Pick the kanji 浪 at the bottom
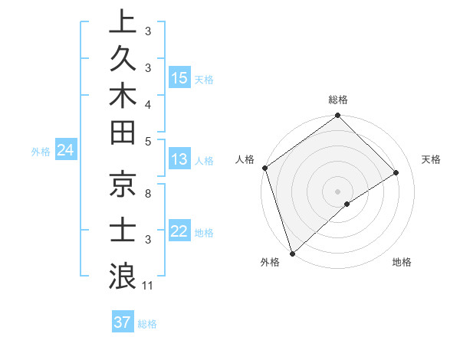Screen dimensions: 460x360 click(x=123, y=273)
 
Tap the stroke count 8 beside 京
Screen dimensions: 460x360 click(x=148, y=195)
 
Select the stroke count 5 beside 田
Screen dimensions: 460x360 click(x=148, y=141)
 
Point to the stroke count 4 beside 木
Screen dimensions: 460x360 click(x=148, y=103)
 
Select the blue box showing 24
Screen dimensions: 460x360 click(x=66, y=151)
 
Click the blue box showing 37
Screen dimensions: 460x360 click(x=123, y=322)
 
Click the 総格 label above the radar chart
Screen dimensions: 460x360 click(x=338, y=100)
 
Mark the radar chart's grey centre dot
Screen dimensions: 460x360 click(x=337, y=191)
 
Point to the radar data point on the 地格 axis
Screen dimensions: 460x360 click(x=347, y=203)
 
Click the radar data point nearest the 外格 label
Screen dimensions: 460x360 click(x=292, y=253)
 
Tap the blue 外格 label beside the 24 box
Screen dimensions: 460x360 click(x=41, y=152)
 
